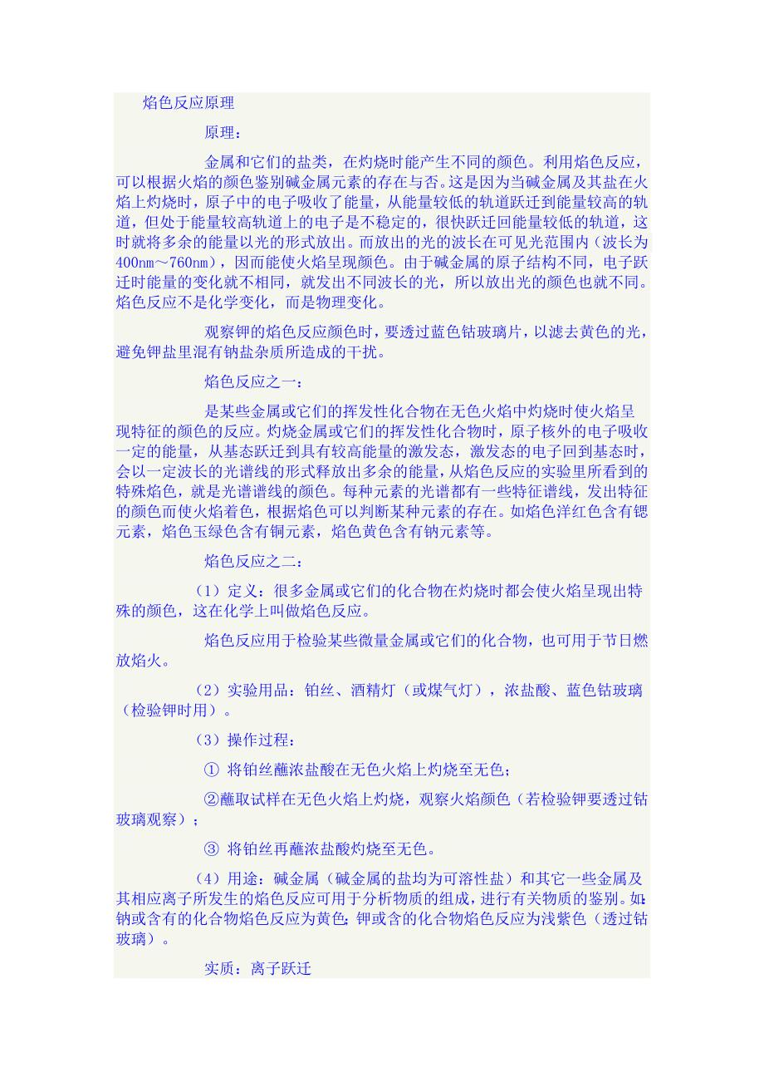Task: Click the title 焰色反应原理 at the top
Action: (x=189, y=103)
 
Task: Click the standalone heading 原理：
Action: (x=223, y=132)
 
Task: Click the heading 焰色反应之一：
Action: (x=253, y=382)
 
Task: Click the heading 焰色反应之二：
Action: (x=253, y=563)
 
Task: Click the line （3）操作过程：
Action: (x=245, y=740)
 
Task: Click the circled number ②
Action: (x=211, y=799)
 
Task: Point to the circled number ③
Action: (x=211, y=849)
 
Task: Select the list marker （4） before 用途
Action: (x=207, y=878)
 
